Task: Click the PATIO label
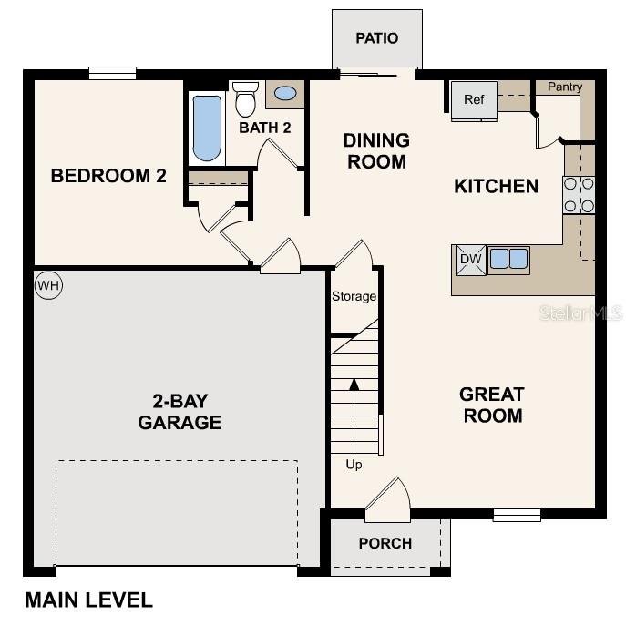(376, 38)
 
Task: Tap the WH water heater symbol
(47, 285)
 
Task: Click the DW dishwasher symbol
(470, 260)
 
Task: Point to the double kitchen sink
(508, 260)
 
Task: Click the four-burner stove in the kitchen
(579, 194)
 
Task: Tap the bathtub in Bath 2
(208, 128)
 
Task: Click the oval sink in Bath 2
(284, 93)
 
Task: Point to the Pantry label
(565, 87)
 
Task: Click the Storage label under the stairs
(354, 296)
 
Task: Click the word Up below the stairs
(354, 465)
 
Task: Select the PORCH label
(385, 544)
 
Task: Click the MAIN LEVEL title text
(88, 600)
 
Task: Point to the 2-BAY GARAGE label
(180, 411)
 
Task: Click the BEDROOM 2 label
(108, 176)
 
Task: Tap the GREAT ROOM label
(491, 405)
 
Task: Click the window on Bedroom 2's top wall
(112, 74)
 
